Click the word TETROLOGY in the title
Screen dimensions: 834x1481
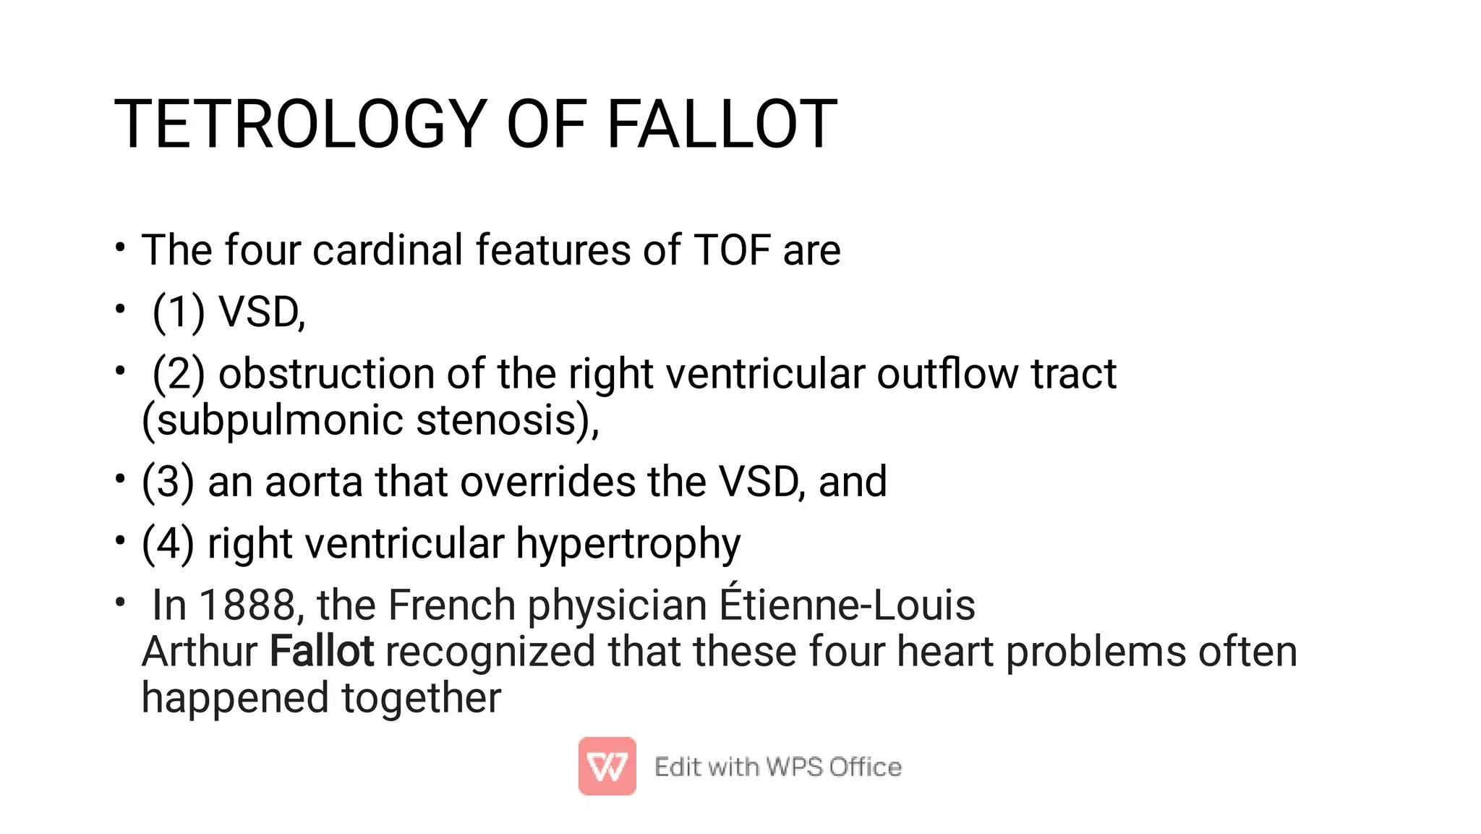(300, 124)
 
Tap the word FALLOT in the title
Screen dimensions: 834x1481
(721, 124)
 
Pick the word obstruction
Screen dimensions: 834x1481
(326, 374)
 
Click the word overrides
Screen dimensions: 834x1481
(547, 482)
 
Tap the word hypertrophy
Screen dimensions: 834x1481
(628, 545)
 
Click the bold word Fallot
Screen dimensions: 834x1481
(322, 651)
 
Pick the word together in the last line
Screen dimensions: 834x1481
(421, 699)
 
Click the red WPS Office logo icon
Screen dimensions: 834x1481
(607, 766)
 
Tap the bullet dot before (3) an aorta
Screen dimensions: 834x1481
(120, 480)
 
